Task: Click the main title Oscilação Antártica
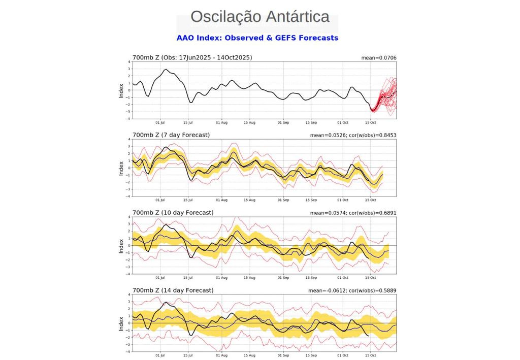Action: pyautogui.click(x=260, y=17)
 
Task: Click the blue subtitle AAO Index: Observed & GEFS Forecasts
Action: pyautogui.click(x=257, y=38)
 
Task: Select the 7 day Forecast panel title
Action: pyautogui.click(x=171, y=135)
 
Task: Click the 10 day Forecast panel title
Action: pyautogui.click(x=172, y=213)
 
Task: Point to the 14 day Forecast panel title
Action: pyautogui.click(x=172, y=290)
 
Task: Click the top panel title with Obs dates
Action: pyautogui.click(x=192, y=57)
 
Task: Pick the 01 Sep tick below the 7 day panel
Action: pyautogui.click(x=283, y=200)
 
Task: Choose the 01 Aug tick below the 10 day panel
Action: pyautogui.click(x=221, y=278)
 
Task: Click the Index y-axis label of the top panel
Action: pyautogui.click(x=121, y=90)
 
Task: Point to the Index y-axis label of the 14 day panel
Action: pyautogui.click(x=121, y=323)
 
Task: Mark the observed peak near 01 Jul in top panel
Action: pyautogui.click(x=166, y=70)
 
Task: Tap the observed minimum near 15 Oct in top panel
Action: pyautogui.click(x=372, y=109)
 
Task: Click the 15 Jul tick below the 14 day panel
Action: pyautogui.click(x=188, y=355)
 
